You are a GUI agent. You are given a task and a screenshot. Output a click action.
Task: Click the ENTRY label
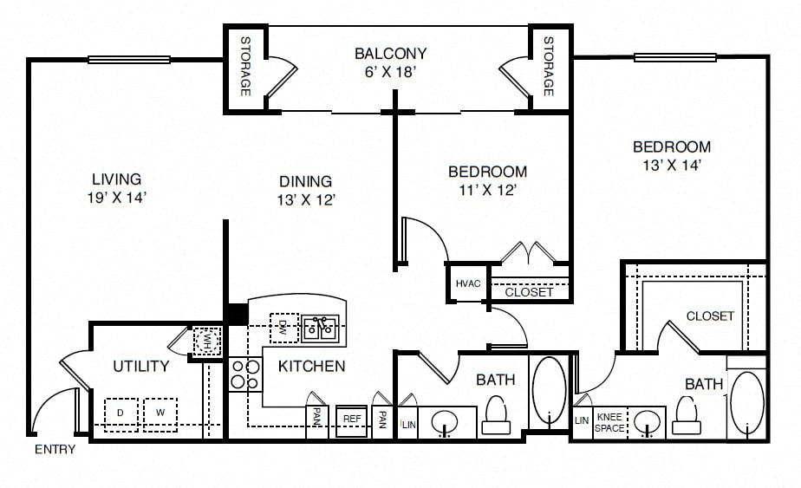[55, 449]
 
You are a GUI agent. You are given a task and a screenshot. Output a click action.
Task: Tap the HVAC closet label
[468, 283]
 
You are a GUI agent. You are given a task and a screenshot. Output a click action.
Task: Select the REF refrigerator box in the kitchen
[351, 420]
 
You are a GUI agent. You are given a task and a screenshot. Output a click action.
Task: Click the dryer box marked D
[121, 414]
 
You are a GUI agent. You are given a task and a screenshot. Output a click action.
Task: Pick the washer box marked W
[160, 414]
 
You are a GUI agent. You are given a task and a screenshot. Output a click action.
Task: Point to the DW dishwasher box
[284, 328]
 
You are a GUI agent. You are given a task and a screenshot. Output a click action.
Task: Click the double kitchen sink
[320, 329]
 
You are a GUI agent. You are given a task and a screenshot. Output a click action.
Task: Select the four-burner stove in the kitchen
[245, 374]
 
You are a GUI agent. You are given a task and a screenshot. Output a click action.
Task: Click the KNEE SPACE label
[609, 423]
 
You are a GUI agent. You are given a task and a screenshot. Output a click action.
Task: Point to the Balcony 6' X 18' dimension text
[389, 72]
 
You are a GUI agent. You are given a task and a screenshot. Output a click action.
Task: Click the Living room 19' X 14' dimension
[117, 198]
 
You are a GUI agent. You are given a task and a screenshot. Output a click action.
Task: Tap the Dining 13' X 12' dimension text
[306, 200]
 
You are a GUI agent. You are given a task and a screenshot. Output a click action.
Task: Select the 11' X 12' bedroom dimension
[488, 191]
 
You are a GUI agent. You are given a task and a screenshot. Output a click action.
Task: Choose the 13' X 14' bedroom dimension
[672, 166]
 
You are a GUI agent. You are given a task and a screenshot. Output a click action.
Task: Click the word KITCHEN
[311, 366]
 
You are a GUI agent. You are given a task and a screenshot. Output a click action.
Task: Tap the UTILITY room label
[141, 366]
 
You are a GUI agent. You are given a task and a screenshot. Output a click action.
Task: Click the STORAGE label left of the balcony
[245, 66]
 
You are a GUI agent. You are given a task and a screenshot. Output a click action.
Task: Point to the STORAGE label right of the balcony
[549, 66]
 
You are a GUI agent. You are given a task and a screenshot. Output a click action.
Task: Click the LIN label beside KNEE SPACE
[582, 420]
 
